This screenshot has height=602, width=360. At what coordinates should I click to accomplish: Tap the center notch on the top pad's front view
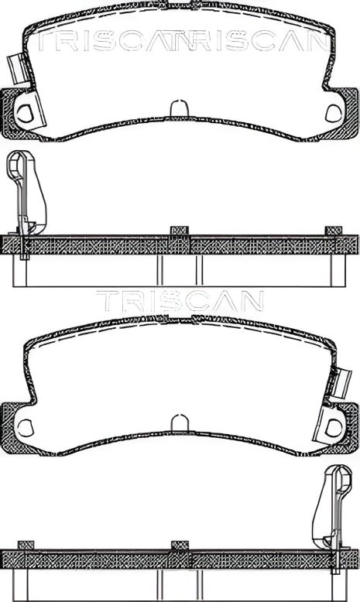tap(179, 108)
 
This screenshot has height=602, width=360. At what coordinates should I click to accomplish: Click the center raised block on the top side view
tap(179, 231)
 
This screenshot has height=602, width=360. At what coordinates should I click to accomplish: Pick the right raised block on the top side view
tap(334, 231)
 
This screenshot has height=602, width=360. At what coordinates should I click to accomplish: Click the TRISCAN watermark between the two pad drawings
tap(180, 300)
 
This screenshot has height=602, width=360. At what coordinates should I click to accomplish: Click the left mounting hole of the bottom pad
tap(26, 426)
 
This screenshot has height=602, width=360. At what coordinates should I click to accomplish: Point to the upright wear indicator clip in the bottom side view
tap(334, 515)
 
